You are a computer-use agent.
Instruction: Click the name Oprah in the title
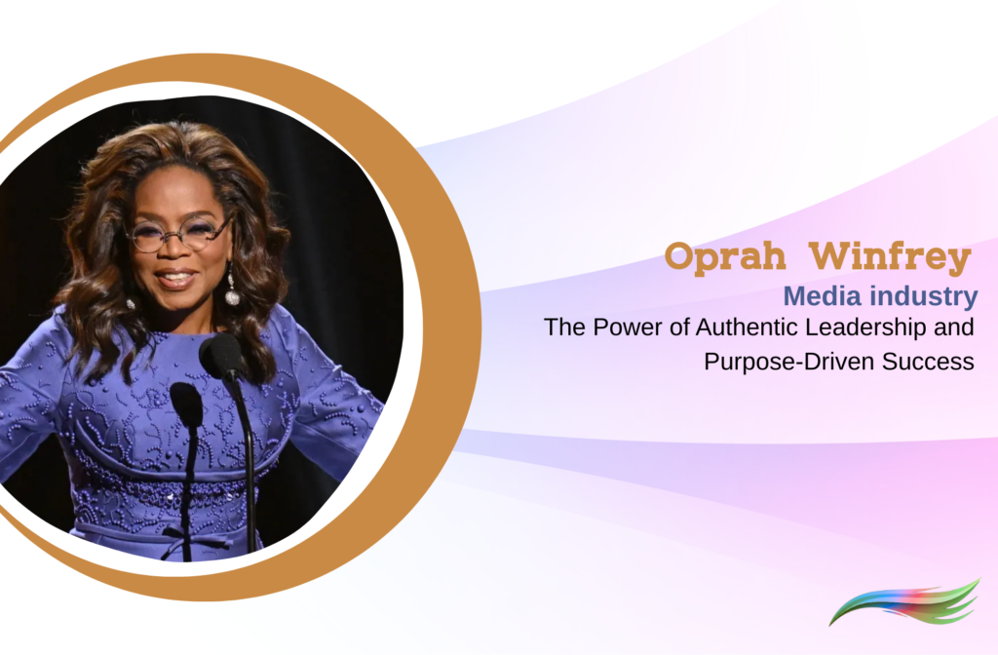[724, 257]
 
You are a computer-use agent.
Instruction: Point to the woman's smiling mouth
[177, 279]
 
